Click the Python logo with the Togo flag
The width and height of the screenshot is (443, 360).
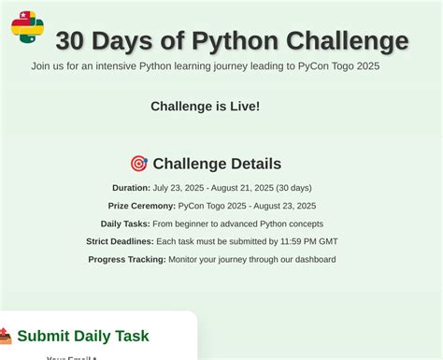[x=27, y=27]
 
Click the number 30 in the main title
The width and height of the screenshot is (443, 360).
[x=73, y=41]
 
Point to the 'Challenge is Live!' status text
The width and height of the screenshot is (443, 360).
[x=206, y=107]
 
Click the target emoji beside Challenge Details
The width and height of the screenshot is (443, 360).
[x=138, y=164]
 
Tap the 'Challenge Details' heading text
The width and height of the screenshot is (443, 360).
[x=217, y=164]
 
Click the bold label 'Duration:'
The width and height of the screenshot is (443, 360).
[x=131, y=188]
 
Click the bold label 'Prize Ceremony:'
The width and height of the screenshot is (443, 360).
[x=142, y=206]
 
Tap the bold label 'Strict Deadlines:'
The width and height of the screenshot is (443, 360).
[x=120, y=241]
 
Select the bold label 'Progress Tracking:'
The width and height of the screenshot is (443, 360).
[x=127, y=259]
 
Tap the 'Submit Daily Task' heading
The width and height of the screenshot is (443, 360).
[x=83, y=336]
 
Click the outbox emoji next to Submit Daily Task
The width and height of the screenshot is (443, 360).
[x=5, y=336]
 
